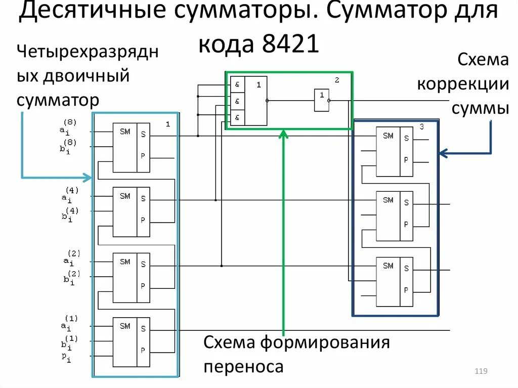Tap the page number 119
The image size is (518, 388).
tap(481, 372)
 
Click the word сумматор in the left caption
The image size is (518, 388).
tap(58, 100)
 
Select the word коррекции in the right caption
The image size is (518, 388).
tap(462, 84)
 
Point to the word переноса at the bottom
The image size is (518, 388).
tap(243, 366)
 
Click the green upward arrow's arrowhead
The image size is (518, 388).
tap(283, 134)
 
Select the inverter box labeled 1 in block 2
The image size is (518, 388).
tap(321, 100)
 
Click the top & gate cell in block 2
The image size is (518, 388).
tap(237, 84)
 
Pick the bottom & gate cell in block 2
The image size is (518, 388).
tap(237, 118)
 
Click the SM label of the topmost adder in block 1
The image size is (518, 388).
tap(124, 132)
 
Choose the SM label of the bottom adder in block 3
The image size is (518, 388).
tap(388, 266)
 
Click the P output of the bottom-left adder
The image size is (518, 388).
tap(143, 350)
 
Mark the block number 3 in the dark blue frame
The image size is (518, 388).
tap(421, 126)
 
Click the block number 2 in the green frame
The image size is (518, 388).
tap(336, 80)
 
